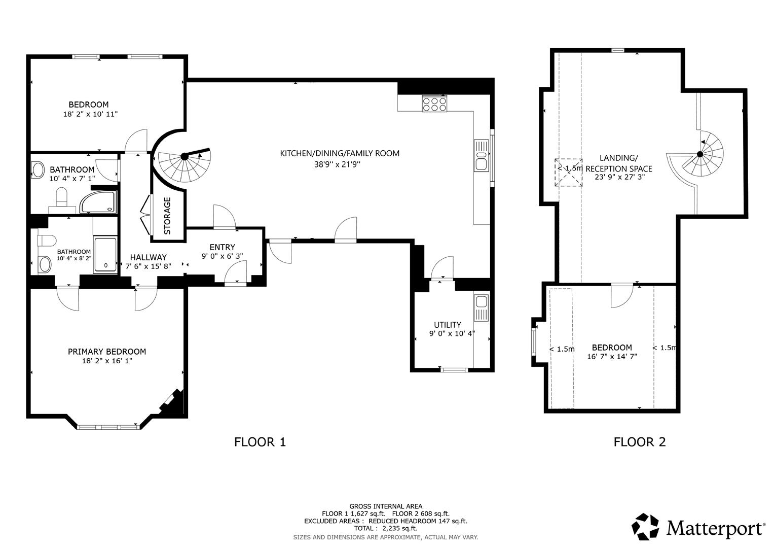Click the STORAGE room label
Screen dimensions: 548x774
tap(167, 216)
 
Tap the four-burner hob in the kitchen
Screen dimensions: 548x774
tap(434, 104)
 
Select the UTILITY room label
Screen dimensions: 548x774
tap(448, 325)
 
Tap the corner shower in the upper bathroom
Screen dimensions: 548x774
tap(99, 202)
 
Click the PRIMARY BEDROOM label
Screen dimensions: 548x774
tap(107, 352)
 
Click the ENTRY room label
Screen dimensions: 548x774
tap(222, 247)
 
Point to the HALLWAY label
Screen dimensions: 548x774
tap(148, 257)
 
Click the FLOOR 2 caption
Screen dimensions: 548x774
tap(639, 442)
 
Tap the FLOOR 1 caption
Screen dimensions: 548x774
tap(260, 442)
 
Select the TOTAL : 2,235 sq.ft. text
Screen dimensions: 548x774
tap(386, 528)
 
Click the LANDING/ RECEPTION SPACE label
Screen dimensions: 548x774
tap(618, 163)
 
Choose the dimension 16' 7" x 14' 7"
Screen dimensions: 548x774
tap(612, 356)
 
